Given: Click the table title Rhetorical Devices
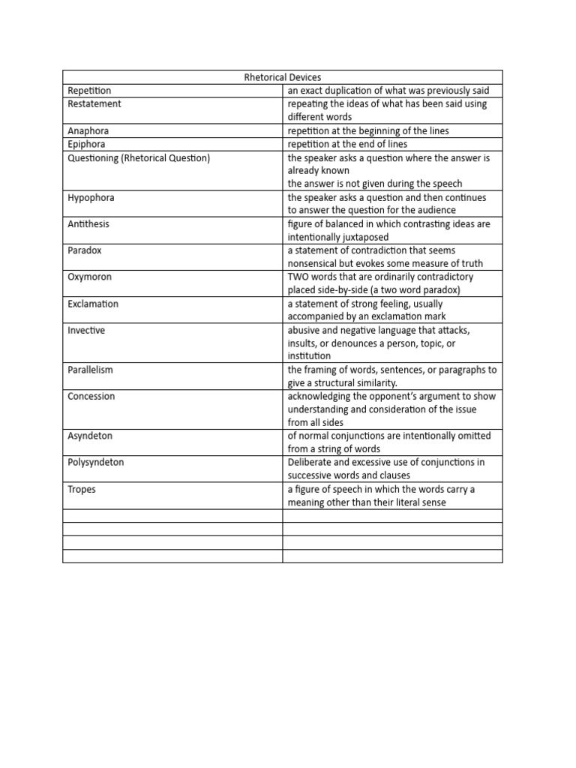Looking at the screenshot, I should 283,77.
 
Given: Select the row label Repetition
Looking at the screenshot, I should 89,91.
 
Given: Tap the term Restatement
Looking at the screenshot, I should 94,104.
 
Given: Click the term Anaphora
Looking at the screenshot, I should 88,130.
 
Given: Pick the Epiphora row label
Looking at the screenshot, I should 86,144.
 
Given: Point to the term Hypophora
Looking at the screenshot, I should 91,197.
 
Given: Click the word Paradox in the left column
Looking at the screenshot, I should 84,250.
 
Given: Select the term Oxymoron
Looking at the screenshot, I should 89,277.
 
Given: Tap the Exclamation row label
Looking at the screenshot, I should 92,304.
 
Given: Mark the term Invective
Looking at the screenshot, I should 86,331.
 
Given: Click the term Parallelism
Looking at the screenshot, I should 90,370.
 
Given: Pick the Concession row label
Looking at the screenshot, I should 91,397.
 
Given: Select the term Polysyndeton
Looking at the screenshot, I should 95,463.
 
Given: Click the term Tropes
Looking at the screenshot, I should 82,489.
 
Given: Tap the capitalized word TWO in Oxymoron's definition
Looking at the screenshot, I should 298,277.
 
